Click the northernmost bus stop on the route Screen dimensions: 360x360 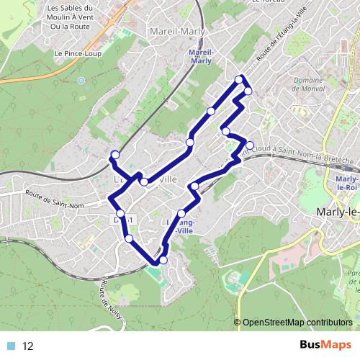click(239, 79)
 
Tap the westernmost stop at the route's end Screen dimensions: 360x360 click(114, 154)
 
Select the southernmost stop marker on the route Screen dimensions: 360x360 click(163, 260)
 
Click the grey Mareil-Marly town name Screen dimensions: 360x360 click(176, 32)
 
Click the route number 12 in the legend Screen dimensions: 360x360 click(29, 346)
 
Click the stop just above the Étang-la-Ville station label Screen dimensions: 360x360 click(182, 214)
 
